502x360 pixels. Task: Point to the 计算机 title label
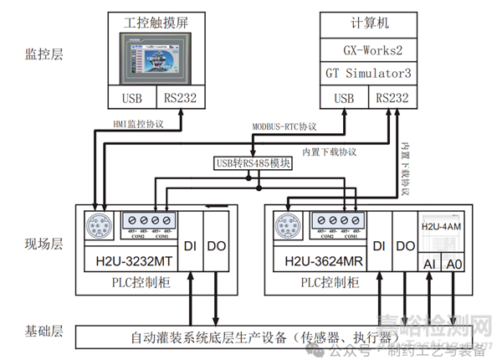pos(366,22)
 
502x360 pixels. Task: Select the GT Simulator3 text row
pos(366,74)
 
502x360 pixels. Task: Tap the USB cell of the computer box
pos(344,99)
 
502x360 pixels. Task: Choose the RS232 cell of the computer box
pos(392,99)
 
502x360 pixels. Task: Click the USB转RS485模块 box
pos(254,164)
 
